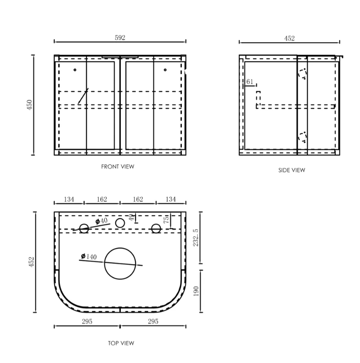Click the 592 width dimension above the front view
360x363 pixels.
pos(120,38)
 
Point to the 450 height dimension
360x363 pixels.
pos(29,105)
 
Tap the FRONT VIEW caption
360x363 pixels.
pos(117,166)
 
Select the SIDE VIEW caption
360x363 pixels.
pos(291,170)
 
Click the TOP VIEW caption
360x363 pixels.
pos(121,343)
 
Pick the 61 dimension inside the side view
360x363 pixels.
pos(250,82)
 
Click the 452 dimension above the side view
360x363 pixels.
pos(289,38)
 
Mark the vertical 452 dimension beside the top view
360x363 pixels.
pos(32,262)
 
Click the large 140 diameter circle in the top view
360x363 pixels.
pos(120,263)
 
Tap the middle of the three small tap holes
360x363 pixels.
pos(120,223)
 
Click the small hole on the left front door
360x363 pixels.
pos(75,70)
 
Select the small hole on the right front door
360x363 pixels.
pos(165,70)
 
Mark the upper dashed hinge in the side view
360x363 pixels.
pos(302,74)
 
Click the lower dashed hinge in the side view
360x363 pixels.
pos(302,137)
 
